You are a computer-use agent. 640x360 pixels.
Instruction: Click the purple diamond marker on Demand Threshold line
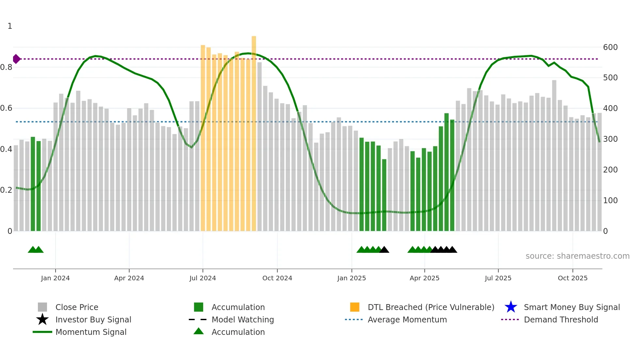tap(16, 59)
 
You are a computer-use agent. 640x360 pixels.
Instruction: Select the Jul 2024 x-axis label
tap(202, 278)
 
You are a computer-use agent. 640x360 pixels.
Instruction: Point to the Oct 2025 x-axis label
tap(572, 278)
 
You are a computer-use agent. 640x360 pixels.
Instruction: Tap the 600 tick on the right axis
tap(610, 47)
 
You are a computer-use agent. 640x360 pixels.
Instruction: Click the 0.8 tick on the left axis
tap(6, 67)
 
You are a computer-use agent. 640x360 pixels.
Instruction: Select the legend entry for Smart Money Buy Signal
tap(571, 307)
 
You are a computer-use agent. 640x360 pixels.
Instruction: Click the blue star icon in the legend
tap(511, 307)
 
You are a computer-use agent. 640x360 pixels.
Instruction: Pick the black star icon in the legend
tap(42, 319)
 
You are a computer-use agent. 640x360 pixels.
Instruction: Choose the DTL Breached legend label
tap(431, 307)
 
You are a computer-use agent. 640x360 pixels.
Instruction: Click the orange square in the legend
tap(355, 307)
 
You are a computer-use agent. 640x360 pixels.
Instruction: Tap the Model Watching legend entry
tap(243, 320)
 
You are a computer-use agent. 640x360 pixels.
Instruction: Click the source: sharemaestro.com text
tap(577, 256)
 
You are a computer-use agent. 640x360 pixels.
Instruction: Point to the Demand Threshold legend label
tap(561, 320)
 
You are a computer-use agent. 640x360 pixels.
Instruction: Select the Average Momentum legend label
tap(407, 320)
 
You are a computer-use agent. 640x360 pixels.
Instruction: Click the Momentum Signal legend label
tap(91, 332)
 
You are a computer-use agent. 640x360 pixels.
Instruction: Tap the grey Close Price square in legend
tap(42, 307)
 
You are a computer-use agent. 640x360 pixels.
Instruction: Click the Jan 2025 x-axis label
tap(351, 278)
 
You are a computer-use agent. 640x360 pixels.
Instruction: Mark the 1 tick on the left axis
tap(10, 26)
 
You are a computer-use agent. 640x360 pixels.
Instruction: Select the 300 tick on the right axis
tap(610, 139)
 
